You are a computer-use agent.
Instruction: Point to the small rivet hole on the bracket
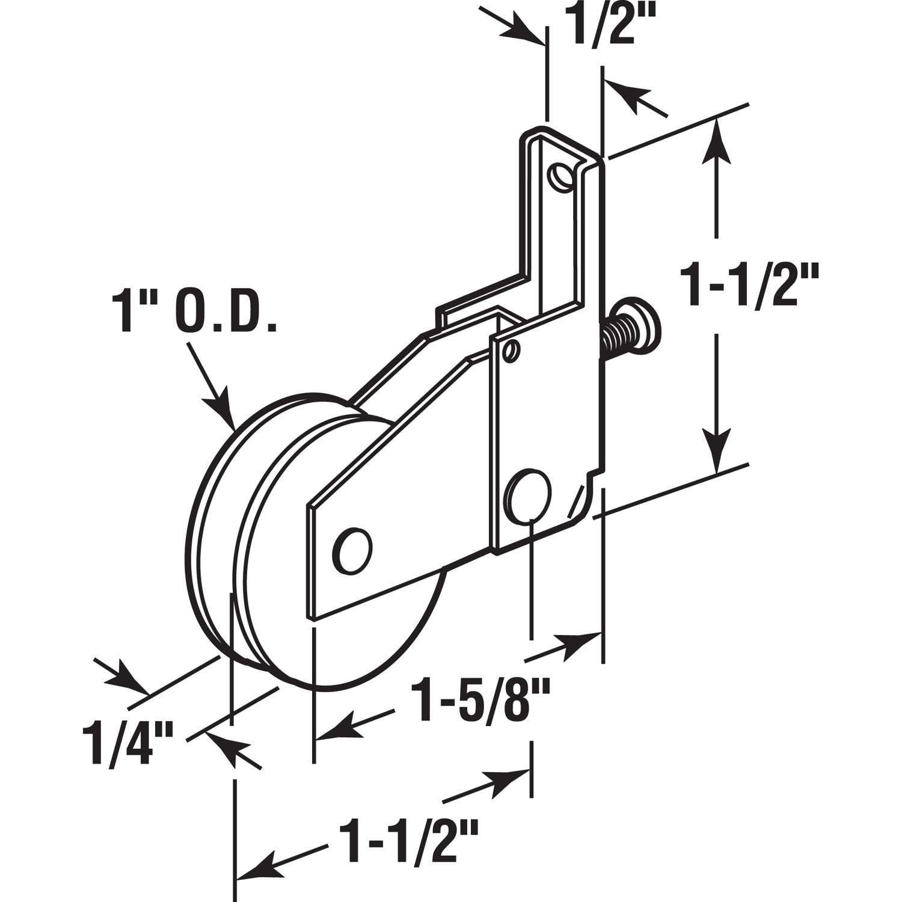tap(511, 350)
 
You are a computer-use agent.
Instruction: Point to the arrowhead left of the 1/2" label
tap(527, 29)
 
